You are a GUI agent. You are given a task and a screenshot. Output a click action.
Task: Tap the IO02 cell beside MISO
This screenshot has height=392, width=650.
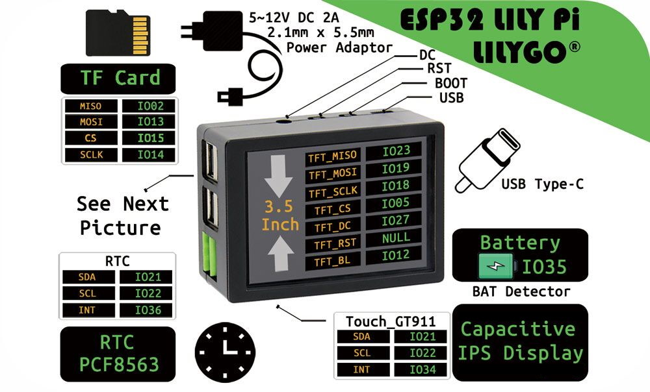[x=146, y=105]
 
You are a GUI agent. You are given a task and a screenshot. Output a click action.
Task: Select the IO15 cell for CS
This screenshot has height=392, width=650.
[x=146, y=138]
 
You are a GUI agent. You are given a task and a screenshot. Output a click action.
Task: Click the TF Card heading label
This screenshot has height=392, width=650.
[x=120, y=79]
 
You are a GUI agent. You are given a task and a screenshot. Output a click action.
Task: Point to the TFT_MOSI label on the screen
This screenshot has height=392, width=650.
[x=332, y=174]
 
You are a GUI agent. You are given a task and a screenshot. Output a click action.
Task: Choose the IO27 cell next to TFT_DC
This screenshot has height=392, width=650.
[x=395, y=221]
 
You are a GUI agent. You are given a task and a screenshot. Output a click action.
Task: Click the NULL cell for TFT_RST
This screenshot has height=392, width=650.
[x=395, y=238]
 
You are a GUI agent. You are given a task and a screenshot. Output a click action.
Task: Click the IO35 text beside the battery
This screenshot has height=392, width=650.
[x=544, y=267]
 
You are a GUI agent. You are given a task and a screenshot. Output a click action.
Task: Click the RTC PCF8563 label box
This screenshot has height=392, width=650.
[x=118, y=353]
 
